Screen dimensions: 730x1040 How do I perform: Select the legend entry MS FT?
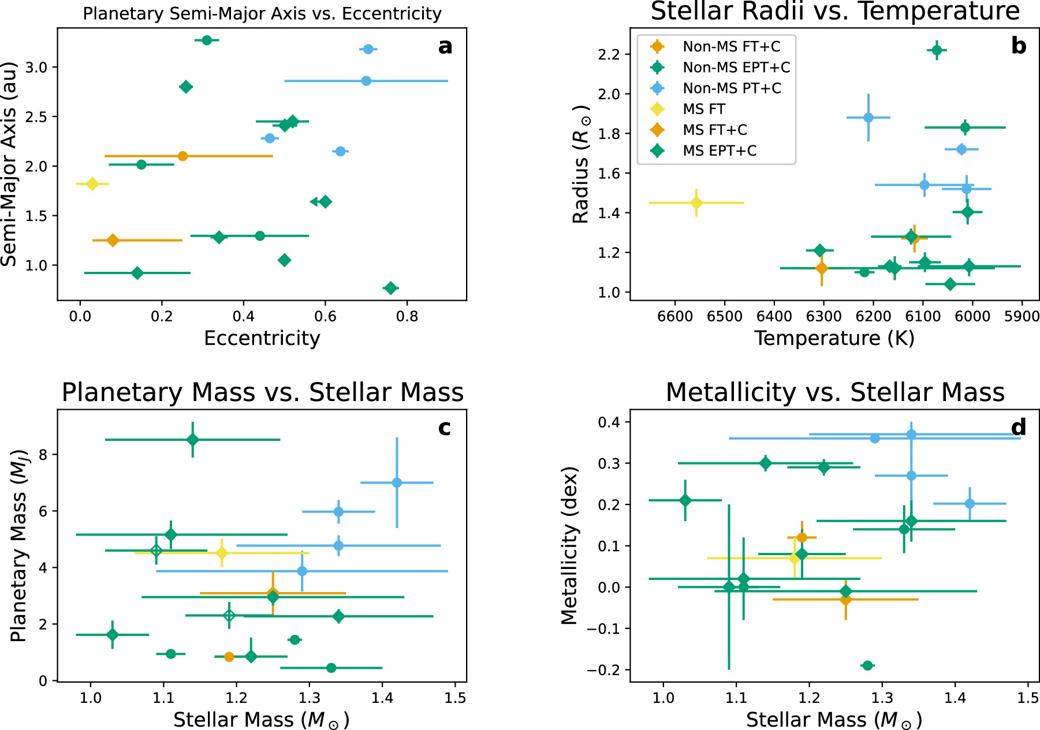703,109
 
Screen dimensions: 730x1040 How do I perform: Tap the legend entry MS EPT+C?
719,151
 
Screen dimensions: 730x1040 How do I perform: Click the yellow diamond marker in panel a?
92,184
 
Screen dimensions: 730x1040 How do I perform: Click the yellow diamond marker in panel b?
696,203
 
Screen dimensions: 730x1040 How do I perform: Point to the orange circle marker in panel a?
182,156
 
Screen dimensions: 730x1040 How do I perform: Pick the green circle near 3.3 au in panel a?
207,40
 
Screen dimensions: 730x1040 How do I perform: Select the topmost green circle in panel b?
937,50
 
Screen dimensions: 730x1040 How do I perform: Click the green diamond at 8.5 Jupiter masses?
193,440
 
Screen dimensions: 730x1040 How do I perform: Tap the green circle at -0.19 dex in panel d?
867,665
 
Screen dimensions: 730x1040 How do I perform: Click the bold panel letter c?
444,428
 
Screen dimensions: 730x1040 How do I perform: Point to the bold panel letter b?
1019,46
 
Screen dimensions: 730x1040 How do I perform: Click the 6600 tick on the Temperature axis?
675,316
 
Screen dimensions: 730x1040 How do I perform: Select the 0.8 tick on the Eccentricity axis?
407,316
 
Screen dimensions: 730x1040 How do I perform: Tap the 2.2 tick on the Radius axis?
610,54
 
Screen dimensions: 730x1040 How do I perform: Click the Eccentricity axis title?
262,338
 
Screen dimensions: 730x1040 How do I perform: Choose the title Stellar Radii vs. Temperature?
835,12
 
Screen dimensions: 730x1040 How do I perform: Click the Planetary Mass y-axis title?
18,545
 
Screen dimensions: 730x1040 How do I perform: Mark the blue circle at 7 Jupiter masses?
397,482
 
